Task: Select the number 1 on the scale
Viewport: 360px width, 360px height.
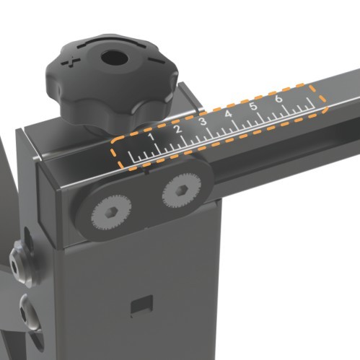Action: pyautogui.click(x=151, y=136)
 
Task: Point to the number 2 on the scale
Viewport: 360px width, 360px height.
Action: pyautogui.click(x=177, y=129)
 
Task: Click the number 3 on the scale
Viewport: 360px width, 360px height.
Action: pyautogui.click(x=203, y=121)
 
